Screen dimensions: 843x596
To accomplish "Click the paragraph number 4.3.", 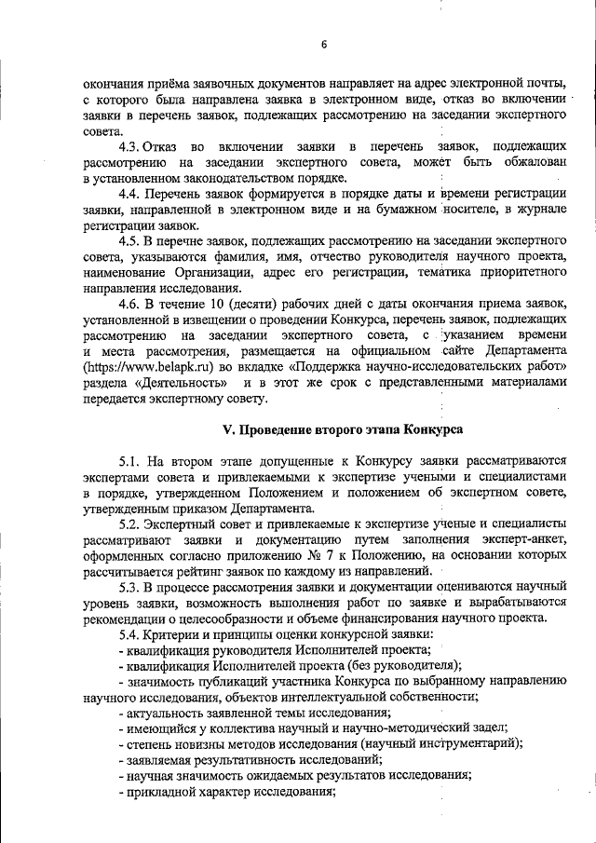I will click(x=129, y=146).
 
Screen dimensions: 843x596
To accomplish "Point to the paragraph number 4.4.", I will click(x=129, y=194).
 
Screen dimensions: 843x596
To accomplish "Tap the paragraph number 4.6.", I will click(x=129, y=304).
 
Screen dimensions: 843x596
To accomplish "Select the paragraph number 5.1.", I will click(x=129, y=461).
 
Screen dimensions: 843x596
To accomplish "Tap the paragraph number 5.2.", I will click(x=129, y=524).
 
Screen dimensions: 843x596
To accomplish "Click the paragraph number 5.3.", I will click(x=129, y=588).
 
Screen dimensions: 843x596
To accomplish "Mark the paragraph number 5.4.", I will click(x=129, y=635).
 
